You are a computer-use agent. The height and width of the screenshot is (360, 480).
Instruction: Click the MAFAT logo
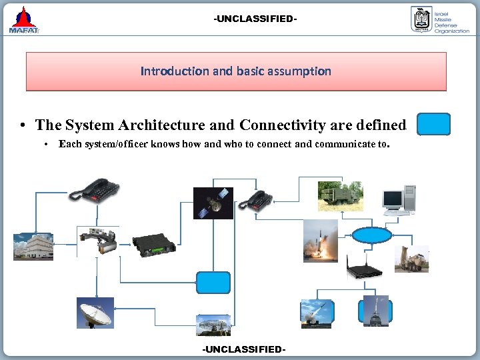tap(25, 20)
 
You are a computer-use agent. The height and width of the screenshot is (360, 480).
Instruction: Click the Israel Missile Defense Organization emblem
tap(421, 19)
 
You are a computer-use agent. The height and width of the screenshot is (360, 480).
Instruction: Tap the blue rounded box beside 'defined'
tap(433, 125)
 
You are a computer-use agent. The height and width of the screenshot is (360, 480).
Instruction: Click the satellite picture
tap(213, 203)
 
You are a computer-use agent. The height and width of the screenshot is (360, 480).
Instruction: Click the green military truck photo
tap(340, 196)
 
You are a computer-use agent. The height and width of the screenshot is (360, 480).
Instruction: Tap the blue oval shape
tap(371, 235)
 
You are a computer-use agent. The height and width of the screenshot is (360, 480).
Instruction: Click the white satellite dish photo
tap(95, 312)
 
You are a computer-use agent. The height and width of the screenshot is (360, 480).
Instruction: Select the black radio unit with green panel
tap(153, 246)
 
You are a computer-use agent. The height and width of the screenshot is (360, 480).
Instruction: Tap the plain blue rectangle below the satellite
tap(213, 283)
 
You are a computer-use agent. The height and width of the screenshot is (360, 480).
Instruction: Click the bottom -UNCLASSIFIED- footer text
tap(243, 349)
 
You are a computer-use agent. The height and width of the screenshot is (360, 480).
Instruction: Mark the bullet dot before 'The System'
tap(23, 126)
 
